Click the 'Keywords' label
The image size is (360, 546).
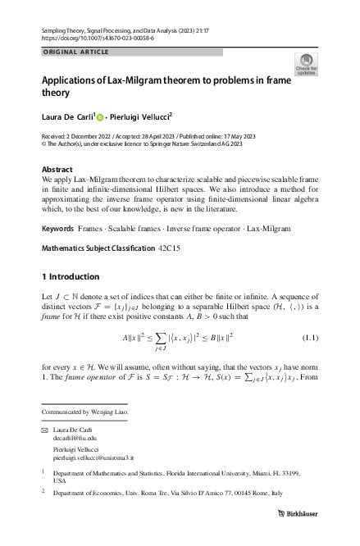click(57, 223)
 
